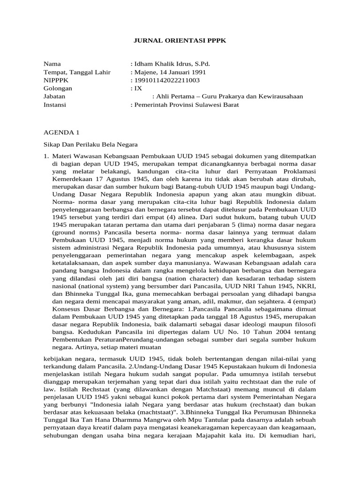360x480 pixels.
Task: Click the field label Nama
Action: tap(52, 64)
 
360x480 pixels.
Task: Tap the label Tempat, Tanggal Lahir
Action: tap(77, 72)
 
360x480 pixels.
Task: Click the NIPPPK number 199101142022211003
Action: tap(165, 80)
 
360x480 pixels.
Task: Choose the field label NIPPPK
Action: tap(56, 80)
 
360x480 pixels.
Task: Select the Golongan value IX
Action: tap(136, 88)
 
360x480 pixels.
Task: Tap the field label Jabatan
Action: tap(54, 97)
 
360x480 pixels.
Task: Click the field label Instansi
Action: tap(55, 105)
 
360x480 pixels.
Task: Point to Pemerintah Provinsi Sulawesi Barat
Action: tap(184, 105)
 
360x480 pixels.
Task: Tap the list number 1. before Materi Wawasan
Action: tap(46, 156)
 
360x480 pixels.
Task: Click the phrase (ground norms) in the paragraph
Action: tap(75, 232)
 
